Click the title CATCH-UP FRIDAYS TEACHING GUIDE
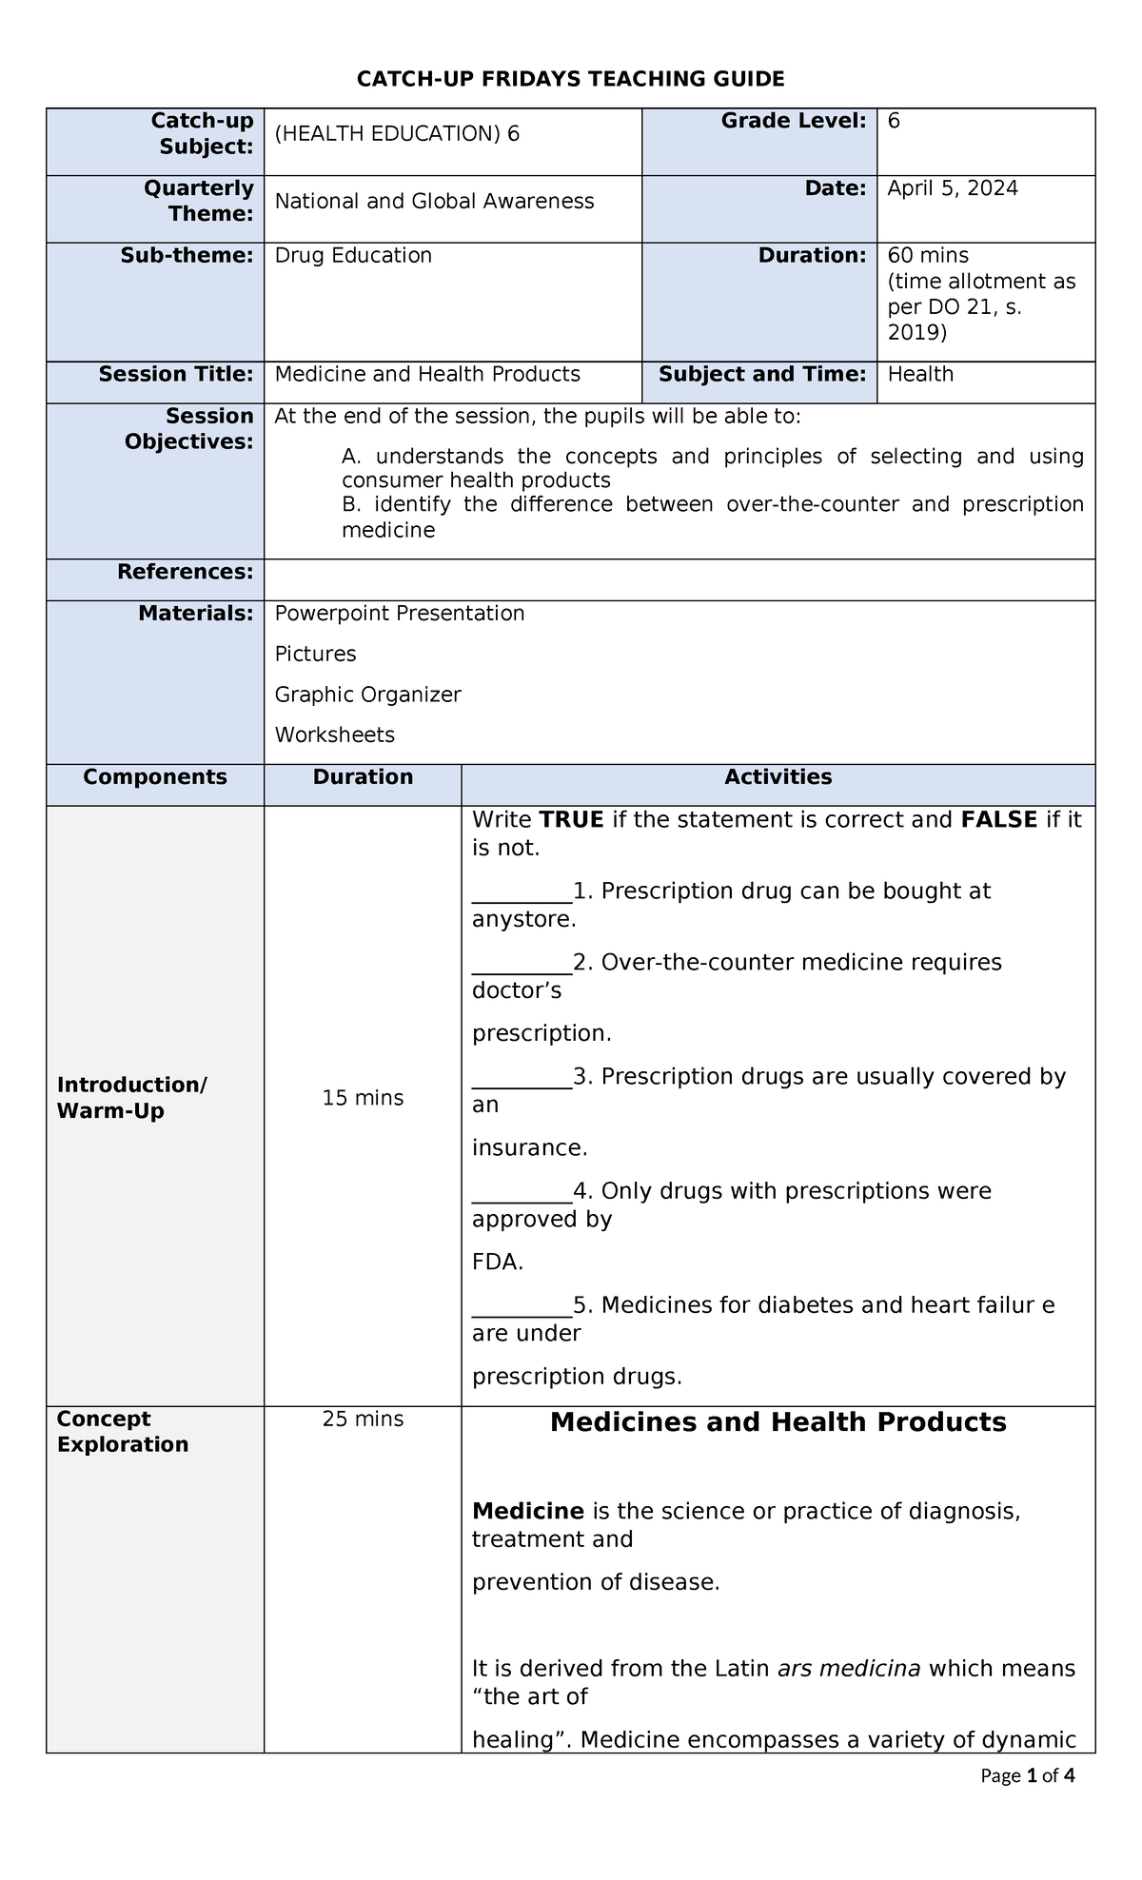[x=570, y=79]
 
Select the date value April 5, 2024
[x=952, y=188]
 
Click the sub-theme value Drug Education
[x=353, y=255]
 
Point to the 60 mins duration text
[x=928, y=255]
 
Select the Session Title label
[x=176, y=374]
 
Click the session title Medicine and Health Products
[x=427, y=374]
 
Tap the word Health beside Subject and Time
[x=920, y=374]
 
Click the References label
[x=185, y=572]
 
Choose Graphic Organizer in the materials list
[x=367, y=695]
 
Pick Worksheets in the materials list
[x=334, y=734]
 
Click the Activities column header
[x=778, y=777]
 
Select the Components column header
[x=155, y=777]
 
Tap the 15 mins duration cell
[x=363, y=1098]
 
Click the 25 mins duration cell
[x=363, y=1419]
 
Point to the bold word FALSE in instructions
[x=998, y=820]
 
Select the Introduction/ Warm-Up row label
[x=131, y=1098]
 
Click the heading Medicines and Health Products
[x=778, y=1422]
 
